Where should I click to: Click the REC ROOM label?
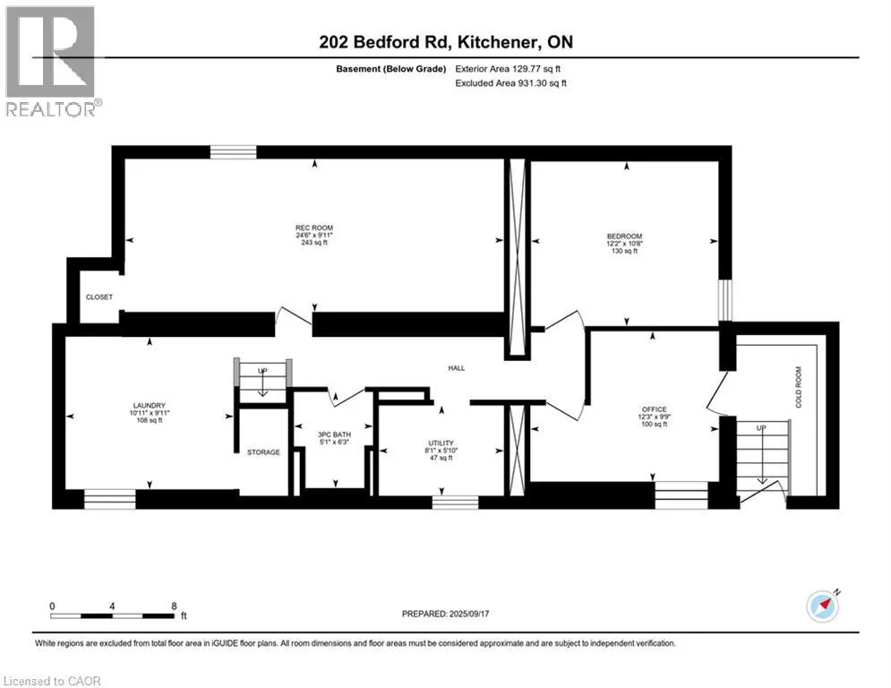(x=314, y=228)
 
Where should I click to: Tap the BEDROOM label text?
(x=624, y=236)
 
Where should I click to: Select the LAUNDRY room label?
(x=150, y=406)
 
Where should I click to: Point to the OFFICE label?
(x=654, y=409)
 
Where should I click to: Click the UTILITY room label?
(x=441, y=443)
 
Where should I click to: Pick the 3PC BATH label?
(x=334, y=434)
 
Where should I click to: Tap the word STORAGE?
(x=263, y=452)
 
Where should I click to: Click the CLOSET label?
(x=99, y=297)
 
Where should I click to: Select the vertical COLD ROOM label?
(x=799, y=387)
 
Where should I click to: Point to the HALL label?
(x=457, y=368)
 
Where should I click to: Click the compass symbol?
(x=823, y=606)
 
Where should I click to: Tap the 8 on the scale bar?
(x=175, y=606)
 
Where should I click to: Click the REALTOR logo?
(x=51, y=62)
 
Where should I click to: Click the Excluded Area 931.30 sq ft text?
(x=510, y=83)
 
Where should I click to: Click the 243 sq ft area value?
(x=314, y=243)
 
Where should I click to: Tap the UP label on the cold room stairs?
(x=761, y=428)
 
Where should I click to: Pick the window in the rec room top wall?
(x=234, y=151)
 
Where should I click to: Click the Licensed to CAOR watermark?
(x=52, y=681)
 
